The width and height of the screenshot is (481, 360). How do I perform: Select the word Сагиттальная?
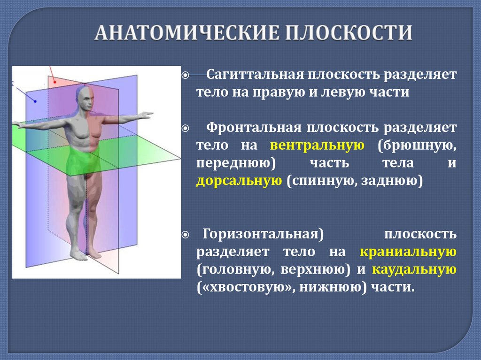point(254,75)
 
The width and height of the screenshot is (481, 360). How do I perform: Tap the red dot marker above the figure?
point(55,83)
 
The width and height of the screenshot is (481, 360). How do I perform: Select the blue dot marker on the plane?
point(35,100)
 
